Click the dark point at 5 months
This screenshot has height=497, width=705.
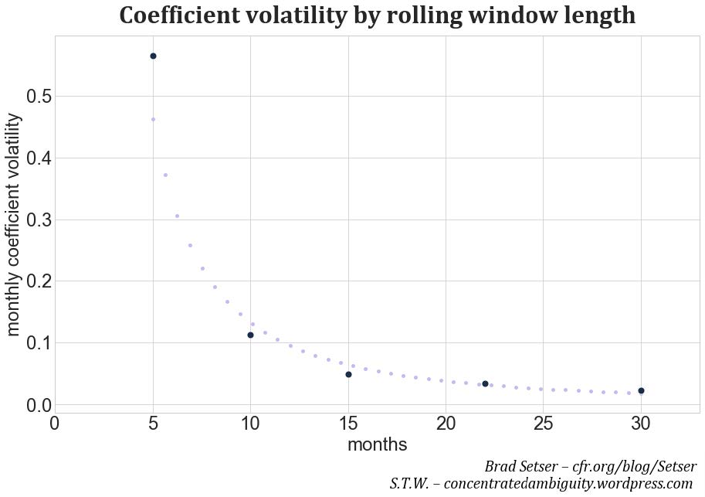(x=153, y=56)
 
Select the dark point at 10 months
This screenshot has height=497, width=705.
(x=250, y=335)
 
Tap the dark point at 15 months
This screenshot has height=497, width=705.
(x=348, y=374)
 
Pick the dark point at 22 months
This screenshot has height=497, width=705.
(x=485, y=383)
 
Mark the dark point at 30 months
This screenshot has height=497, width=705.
(x=641, y=390)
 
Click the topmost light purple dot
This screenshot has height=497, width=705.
(x=153, y=119)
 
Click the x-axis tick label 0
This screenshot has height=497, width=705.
(x=55, y=424)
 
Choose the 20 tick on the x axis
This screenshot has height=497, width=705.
(x=446, y=424)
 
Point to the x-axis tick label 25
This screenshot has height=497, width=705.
(x=543, y=424)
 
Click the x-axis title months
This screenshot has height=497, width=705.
(x=377, y=445)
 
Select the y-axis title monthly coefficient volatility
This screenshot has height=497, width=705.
(x=15, y=224)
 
